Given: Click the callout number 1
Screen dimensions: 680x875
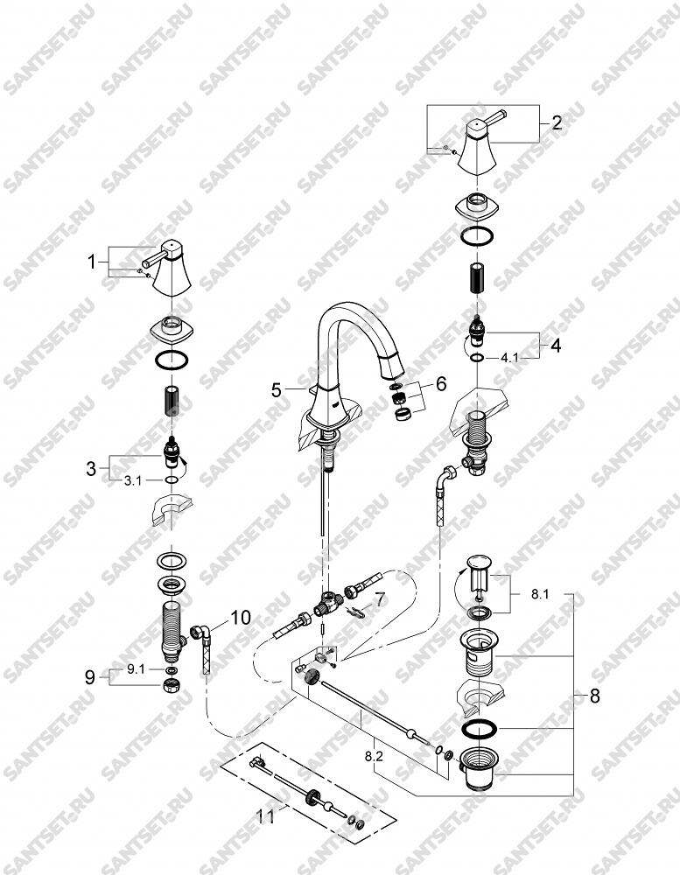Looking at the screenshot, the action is pyautogui.click(x=92, y=262).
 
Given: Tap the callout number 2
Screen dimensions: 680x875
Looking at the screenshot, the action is pyautogui.click(x=556, y=122).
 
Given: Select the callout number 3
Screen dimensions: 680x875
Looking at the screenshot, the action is pyautogui.click(x=92, y=469).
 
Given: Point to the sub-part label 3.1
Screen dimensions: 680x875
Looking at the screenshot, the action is pyautogui.click(x=133, y=480).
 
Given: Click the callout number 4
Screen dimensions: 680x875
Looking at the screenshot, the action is pyautogui.click(x=556, y=346).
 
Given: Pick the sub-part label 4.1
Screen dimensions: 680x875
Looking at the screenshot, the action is pyautogui.click(x=509, y=358).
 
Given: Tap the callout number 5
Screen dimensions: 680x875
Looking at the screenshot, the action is pyautogui.click(x=277, y=390).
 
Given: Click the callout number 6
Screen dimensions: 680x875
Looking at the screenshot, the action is pyautogui.click(x=441, y=384).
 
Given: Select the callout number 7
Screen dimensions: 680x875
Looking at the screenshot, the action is pyautogui.click(x=379, y=600).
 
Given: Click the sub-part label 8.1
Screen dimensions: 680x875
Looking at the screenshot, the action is pyautogui.click(x=539, y=595).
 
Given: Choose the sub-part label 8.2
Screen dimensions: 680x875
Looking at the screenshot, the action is pyautogui.click(x=374, y=757).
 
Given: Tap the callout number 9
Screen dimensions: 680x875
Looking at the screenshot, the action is pyautogui.click(x=90, y=678).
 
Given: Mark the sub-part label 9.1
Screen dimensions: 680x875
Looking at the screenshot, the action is pyautogui.click(x=135, y=669).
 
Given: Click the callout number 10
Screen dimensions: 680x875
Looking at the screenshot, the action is pyautogui.click(x=240, y=618).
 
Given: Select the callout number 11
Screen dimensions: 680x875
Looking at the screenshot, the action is pyautogui.click(x=266, y=817).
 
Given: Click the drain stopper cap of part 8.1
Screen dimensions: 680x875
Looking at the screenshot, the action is pyautogui.click(x=479, y=560).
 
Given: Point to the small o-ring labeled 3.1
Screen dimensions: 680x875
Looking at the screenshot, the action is pyautogui.click(x=172, y=479).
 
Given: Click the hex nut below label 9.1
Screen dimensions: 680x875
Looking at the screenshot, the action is pyautogui.click(x=172, y=686).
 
